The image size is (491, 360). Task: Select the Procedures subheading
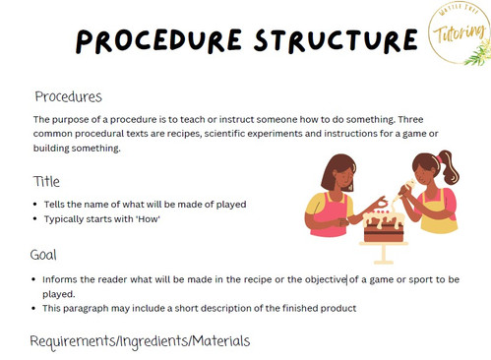click(68, 96)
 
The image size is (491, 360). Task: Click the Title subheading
click(47, 181)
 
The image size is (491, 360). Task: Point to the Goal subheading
click(45, 254)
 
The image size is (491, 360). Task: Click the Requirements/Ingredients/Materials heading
click(140, 340)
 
